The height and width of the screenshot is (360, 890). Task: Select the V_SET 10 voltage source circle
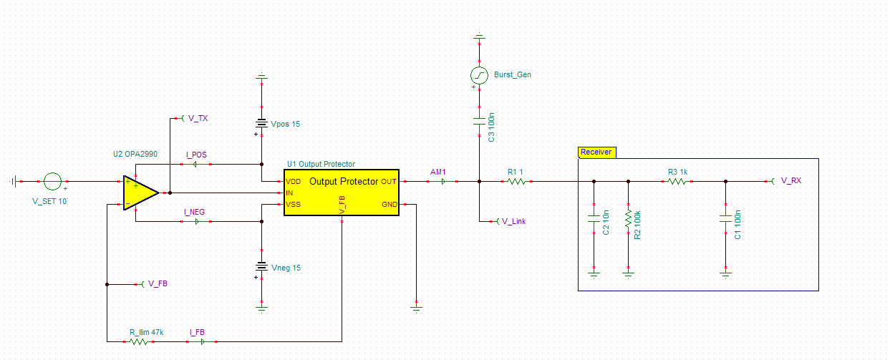[52, 182]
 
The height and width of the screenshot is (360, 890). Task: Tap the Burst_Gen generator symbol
[480, 74]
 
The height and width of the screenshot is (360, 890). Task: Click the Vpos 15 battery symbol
[261, 123]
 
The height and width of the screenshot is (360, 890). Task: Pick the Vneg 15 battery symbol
[261, 268]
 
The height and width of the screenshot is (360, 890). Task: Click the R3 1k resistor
[677, 182]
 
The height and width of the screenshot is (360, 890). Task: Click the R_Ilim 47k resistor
[139, 342]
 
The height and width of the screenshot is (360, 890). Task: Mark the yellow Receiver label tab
[596, 152]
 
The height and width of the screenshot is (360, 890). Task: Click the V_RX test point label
[790, 181]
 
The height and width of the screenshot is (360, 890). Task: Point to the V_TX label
[198, 118]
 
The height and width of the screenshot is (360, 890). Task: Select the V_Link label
[514, 221]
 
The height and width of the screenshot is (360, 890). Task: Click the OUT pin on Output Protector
[388, 182]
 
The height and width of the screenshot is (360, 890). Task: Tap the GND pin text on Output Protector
[389, 205]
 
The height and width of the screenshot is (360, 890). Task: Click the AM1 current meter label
[437, 172]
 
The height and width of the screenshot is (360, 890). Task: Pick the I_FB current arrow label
[197, 332]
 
